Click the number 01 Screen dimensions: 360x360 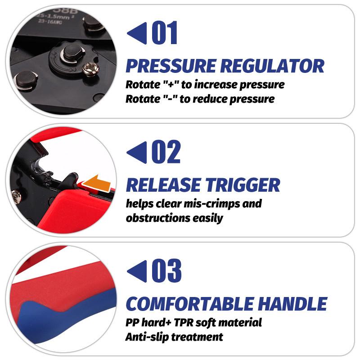[165, 32]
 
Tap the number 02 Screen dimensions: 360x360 [166, 152]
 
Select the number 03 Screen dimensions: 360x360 [166, 271]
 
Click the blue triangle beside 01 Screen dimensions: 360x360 [137, 33]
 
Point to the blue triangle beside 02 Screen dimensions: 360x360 [137, 152]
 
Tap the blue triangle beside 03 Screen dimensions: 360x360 [137, 271]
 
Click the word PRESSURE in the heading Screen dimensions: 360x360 [171, 66]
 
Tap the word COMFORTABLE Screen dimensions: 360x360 [190, 304]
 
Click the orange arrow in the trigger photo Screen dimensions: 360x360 [97, 183]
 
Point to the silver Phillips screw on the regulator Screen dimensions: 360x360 [91, 69]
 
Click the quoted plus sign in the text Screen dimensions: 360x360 [171, 85]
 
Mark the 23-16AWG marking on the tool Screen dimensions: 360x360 [50, 22]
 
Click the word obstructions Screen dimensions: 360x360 [158, 218]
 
